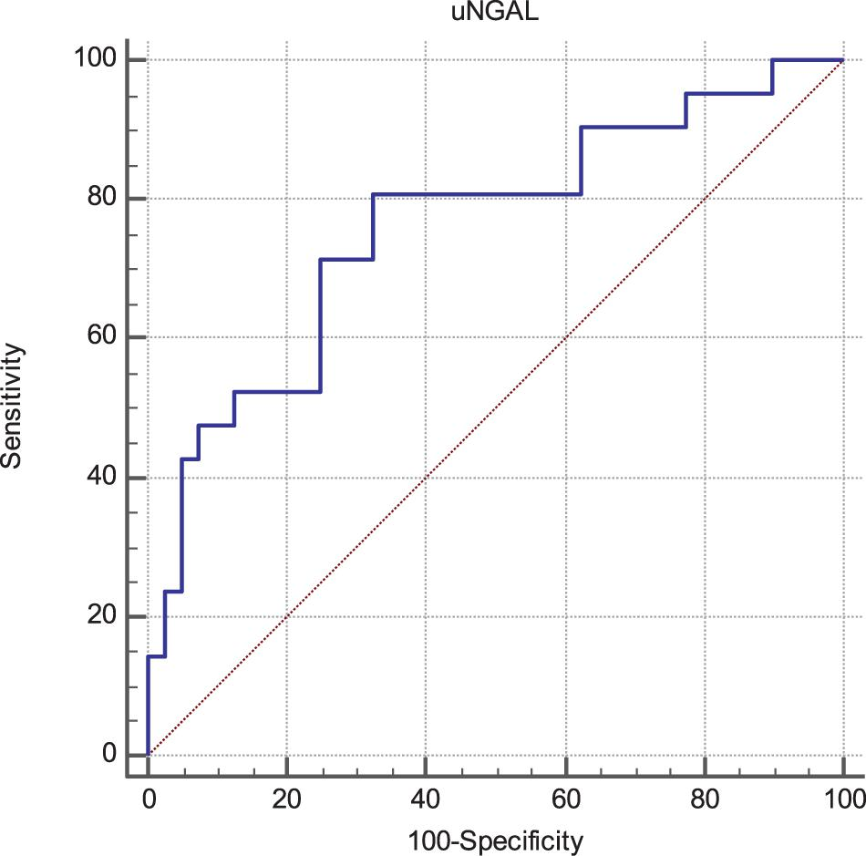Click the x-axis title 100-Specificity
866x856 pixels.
coord(495,840)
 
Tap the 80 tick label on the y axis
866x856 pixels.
coord(106,199)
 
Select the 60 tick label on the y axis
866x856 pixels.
coord(106,338)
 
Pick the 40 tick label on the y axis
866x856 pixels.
coord(106,478)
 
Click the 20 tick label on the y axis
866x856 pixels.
coord(106,616)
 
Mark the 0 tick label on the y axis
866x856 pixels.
coord(110,755)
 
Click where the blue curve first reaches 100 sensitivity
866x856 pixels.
coord(772,60)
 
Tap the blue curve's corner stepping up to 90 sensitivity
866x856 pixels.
coord(581,128)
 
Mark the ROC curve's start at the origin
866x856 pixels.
coord(148,755)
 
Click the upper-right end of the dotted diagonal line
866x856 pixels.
coord(842,60)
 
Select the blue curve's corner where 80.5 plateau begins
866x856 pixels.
coord(374,194)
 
